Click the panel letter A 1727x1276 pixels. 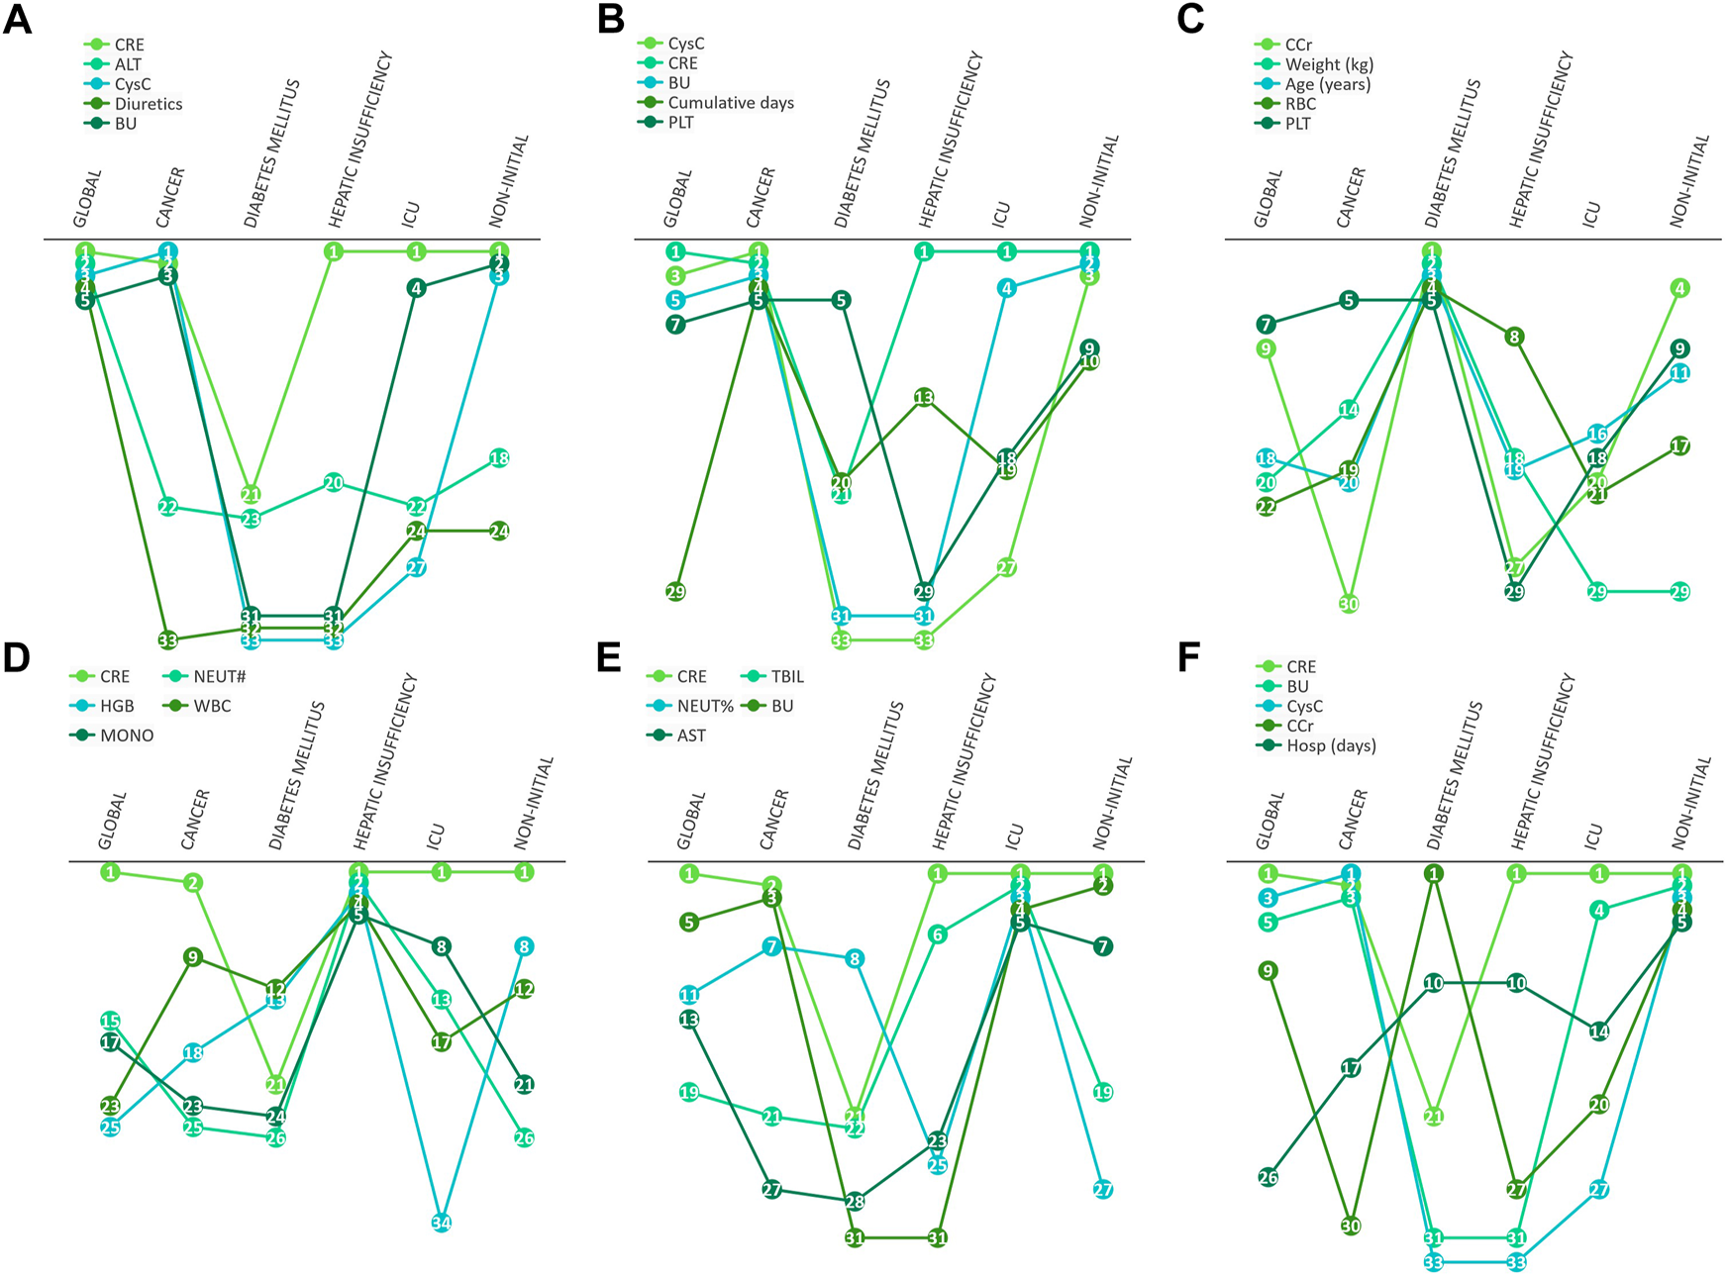17,20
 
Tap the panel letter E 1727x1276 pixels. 609,657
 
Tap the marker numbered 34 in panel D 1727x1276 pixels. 442,1223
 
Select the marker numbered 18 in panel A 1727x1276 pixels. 499,458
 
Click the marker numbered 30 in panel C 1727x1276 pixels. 1349,604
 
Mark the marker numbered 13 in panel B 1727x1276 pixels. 924,398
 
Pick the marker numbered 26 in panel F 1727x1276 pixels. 1268,1177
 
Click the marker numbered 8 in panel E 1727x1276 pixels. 855,958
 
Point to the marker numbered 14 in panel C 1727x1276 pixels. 1349,410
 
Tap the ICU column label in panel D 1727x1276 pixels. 435,836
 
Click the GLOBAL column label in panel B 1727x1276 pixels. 678,198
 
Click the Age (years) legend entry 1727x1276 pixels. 1327,84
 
